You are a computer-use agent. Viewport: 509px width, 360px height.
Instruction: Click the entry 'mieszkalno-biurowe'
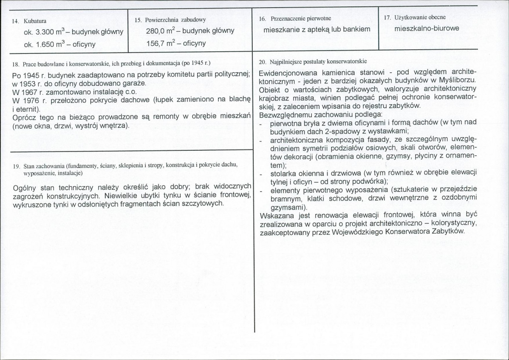[x=426, y=29]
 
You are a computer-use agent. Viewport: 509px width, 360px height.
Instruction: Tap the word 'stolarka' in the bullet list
[x=283, y=173]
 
